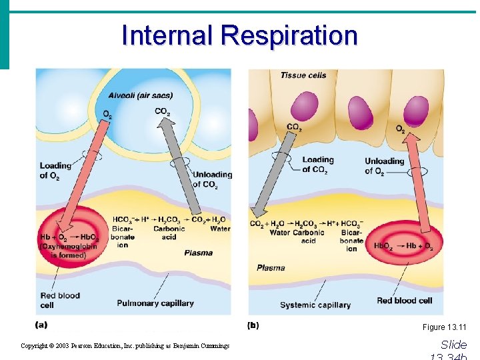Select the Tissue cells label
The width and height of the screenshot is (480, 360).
[303, 75]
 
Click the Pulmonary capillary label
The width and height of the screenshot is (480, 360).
[155, 303]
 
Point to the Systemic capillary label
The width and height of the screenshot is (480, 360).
[315, 305]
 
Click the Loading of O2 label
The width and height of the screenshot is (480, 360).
[55, 171]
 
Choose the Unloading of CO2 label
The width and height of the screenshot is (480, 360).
[212, 179]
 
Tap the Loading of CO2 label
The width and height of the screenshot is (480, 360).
[317, 164]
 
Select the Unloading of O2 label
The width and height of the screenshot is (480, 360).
[384, 166]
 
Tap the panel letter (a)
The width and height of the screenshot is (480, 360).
[41, 325]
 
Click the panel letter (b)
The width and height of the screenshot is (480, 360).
[253, 325]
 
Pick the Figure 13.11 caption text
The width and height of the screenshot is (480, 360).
[445, 327]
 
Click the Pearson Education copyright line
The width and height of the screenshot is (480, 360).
[125, 345]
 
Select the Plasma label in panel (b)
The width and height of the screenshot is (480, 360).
[271, 268]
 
